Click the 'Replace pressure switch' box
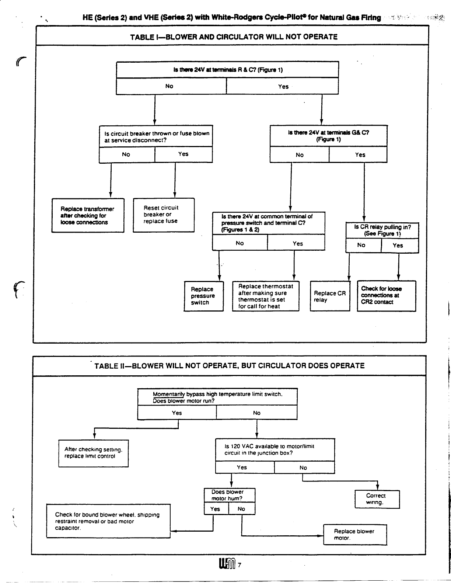[x=203, y=296]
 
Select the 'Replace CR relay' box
[x=330, y=296]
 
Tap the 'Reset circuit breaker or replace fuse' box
[x=163, y=215]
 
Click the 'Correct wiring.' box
[x=377, y=499]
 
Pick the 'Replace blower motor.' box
[x=355, y=535]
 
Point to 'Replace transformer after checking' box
[x=88, y=216]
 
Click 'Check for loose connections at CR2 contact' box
[x=386, y=296]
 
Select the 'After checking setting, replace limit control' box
[x=93, y=453]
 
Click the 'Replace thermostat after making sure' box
[x=265, y=296]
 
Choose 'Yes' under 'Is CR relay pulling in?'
[x=398, y=246]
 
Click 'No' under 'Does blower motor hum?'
[x=241, y=509]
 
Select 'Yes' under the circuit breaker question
[x=183, y=154]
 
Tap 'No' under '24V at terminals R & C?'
[x=169, y=86]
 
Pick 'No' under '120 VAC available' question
[x=303, y=468]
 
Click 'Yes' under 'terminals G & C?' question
[x=360, y=155]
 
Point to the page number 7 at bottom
[x=240, y=564]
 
